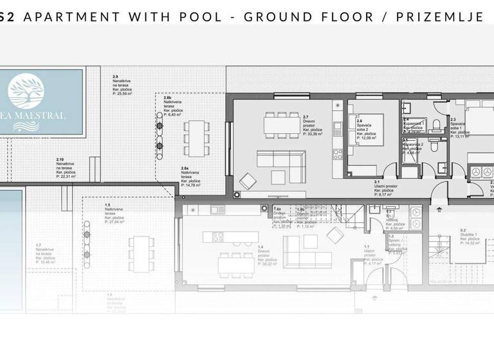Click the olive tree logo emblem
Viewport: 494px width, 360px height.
tap(36, 94)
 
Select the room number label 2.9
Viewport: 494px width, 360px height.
tap(116, 76)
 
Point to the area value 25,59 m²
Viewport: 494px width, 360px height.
tap(122, 94)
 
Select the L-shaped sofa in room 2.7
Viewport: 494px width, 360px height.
tap(281, 159)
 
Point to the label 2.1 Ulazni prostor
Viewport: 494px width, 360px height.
tap(384, 186)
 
